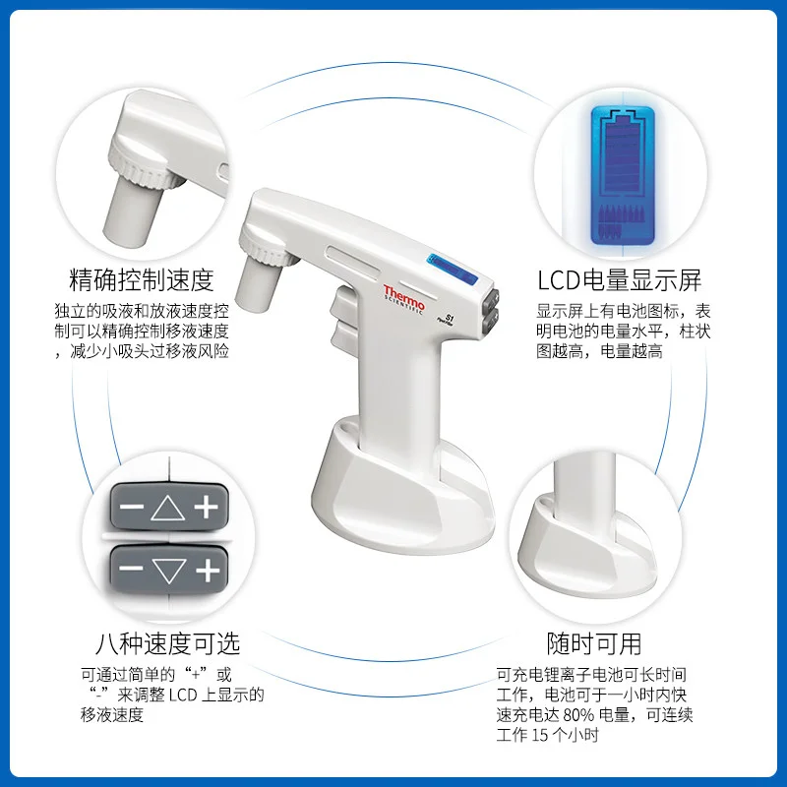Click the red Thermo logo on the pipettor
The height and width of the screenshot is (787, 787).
coord(403,298)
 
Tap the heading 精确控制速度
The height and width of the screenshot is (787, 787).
coord(142,280)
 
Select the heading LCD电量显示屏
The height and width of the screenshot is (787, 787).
coord(620,280)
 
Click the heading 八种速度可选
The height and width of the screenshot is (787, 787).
coord(167,643)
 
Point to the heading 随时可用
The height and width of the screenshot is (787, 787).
coord(594,643)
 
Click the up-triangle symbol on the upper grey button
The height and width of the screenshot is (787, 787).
coord(168,508)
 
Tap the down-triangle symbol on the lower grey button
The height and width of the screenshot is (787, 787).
coord(169,571)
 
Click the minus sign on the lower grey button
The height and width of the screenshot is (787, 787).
coord(132,569)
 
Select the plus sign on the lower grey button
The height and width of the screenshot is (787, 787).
coord(208,571)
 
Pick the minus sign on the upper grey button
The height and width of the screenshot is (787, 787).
coord(132,507)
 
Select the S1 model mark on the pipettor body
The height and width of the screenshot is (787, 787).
coord(450,318)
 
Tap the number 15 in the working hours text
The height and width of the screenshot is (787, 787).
coord(539,735)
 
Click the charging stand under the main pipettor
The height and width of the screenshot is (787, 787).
coord(401,486)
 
